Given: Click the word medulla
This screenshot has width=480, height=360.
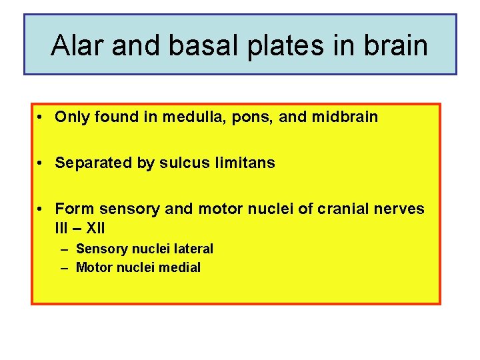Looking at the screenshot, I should point(170,117).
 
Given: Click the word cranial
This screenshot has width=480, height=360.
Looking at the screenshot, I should point(341,209).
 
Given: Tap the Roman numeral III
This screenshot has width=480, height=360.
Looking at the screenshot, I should point(61,228).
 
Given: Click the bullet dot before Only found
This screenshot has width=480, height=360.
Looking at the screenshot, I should point(41,118).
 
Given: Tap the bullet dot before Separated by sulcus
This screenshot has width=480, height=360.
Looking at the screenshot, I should point(41,163).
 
